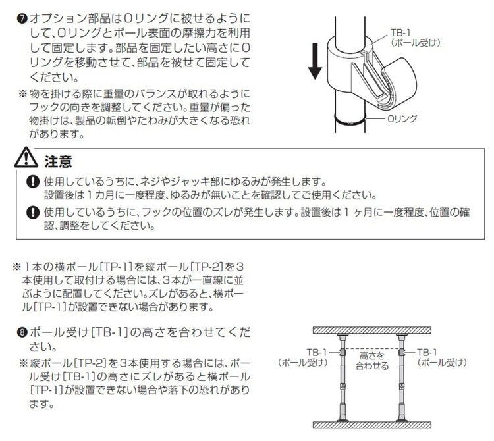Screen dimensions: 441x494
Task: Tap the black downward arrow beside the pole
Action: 316,60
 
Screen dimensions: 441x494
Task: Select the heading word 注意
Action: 57,161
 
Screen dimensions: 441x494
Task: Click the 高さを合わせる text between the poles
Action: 372,361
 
